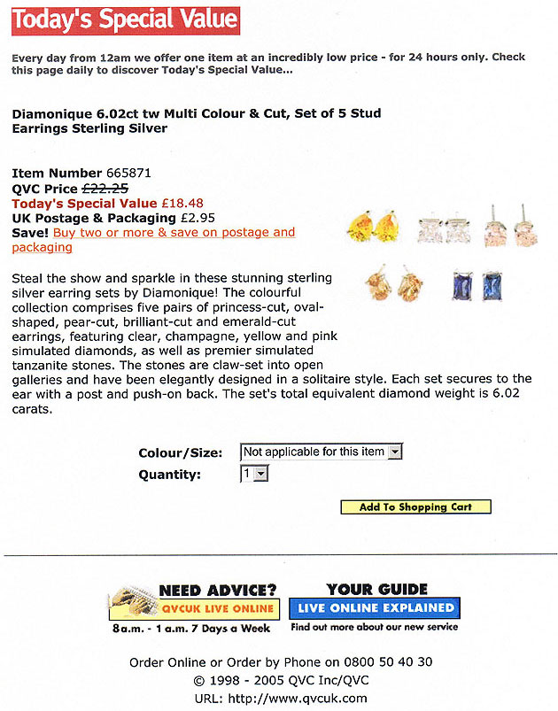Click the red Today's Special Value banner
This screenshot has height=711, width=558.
pos(125,19)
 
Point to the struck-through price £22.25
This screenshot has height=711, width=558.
pos(105,188)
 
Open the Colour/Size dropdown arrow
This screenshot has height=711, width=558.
pos(395,452)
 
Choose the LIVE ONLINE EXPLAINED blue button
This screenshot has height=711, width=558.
pos(376,608)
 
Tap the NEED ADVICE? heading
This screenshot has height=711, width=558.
pos(217,591)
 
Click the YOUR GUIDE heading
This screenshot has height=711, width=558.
pos(376,589)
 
